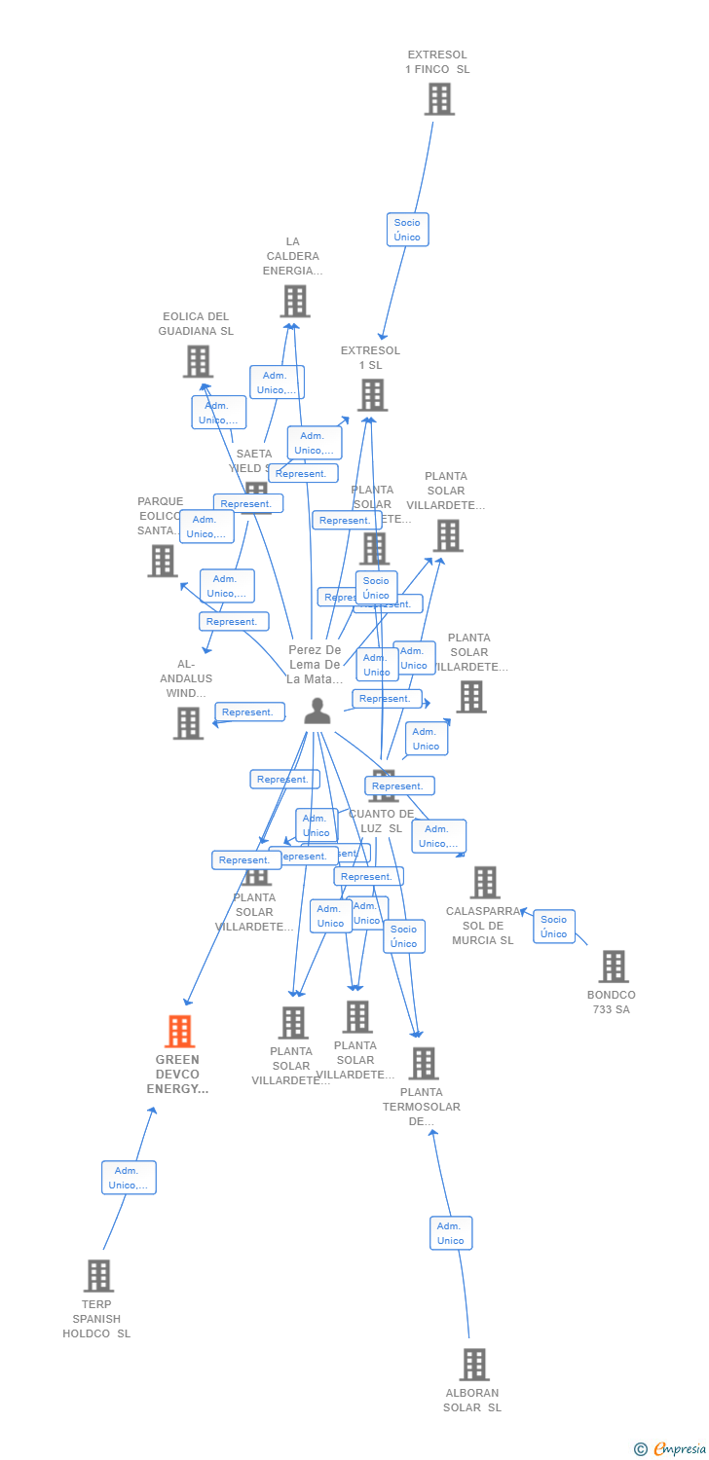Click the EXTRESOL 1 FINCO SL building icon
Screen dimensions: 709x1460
coord(439,98)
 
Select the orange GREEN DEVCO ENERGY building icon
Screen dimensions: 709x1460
coord(180,1031)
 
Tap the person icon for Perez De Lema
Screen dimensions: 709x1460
coord(317,712)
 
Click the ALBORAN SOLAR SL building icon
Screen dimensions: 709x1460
coord(474,1365)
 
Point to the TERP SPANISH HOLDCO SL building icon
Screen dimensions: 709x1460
coord(98,1275)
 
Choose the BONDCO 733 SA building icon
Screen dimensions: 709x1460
coord(614,967)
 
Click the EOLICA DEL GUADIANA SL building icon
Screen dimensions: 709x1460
coord(198,361)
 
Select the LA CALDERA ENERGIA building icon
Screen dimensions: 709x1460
coord(295,301)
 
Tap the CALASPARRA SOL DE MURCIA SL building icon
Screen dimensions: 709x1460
coord(484,883)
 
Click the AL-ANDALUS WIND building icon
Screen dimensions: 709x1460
coord(188,723)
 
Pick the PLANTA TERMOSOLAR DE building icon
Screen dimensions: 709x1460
coord(424,1064)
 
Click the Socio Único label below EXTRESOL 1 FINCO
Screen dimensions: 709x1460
coord(407,230)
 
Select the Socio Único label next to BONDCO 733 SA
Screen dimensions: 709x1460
coord(554,927)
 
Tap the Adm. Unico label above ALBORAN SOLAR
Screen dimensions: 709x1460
coord(451,1233)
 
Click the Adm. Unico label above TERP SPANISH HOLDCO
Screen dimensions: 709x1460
coord(129,1178)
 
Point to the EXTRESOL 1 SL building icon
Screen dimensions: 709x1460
coord(372,395)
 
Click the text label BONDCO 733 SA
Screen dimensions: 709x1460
coord(612,1003)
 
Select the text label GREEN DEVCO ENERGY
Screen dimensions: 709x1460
coord(177,1075)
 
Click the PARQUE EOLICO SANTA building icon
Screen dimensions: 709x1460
coord(163,561)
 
